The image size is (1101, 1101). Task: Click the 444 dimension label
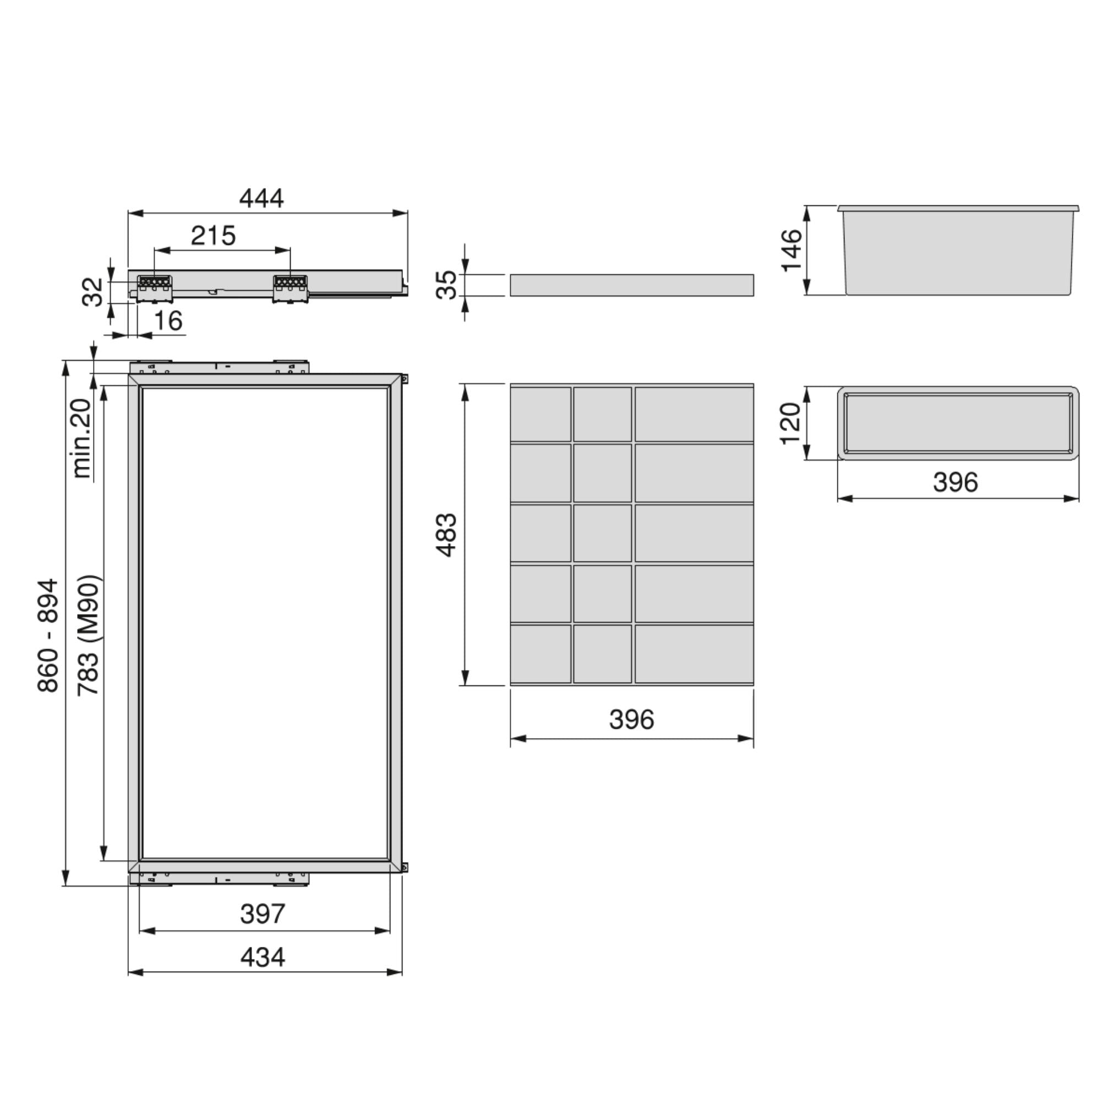(x=261, y=198)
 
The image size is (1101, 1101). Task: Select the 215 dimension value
(x=213, y=236)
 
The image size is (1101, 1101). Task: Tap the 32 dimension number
(x=93, y=292)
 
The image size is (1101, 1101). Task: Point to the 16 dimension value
(x=168, y=321)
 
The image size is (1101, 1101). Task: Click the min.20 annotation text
(x=82, y=438)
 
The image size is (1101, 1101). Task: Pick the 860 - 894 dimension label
(x=48, y=635)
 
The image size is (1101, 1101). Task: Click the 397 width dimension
(x=262, y=914)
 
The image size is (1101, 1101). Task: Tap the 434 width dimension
(x=262, y=957)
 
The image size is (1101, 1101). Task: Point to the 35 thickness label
(x=447, y=285)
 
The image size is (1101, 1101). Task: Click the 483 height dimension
(x=447, y=535)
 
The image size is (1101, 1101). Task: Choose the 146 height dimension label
(x=792, y=250)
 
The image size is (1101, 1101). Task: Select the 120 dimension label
(x=791, y=423)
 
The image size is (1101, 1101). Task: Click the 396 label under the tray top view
(x=955, y=482)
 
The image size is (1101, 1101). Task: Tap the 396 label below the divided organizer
(x=631, y=719)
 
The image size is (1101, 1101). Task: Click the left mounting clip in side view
(x=155, y=288)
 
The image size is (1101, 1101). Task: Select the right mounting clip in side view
(x=290, y=288)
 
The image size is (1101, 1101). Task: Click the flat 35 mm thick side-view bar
(x=631, y=285)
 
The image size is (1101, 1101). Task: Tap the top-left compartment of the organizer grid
(x=540, y=414)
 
